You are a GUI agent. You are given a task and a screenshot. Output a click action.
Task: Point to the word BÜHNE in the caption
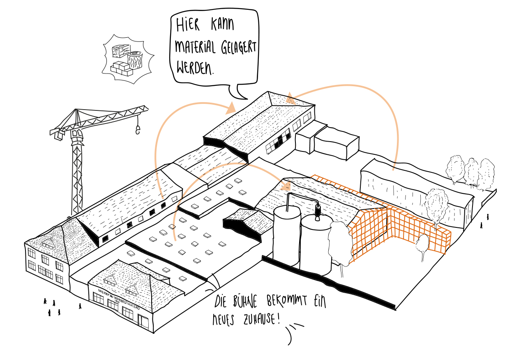pyautogui.click(x=246, y=302)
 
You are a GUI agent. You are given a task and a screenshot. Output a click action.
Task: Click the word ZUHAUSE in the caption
pyautogui.click(x=257, y=319)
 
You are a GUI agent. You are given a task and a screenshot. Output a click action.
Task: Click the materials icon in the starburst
pyautogui.click(x=127, y=60)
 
